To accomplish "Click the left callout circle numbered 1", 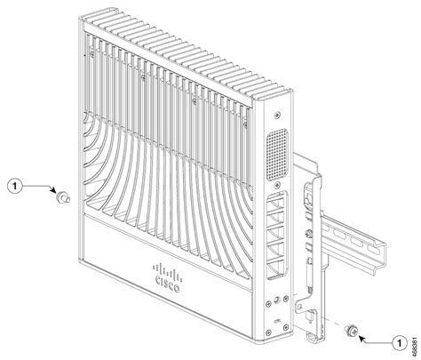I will click(13, 188).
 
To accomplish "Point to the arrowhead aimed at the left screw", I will click(52, 193).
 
